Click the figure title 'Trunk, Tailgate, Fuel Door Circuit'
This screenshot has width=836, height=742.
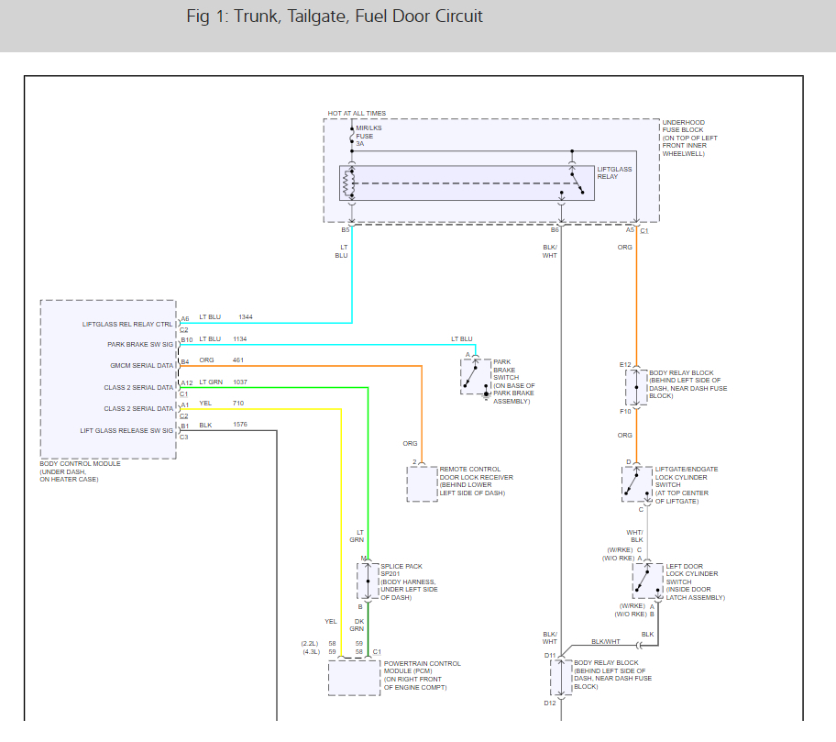[334, 17]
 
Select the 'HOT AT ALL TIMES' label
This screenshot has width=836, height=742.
[357, 114]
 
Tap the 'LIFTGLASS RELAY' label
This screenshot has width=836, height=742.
[614, 172]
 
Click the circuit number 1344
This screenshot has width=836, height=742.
[246, 317]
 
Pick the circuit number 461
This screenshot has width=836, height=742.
[238, 360]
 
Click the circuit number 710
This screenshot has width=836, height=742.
[238, 403]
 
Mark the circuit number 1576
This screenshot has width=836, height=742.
[241, 425]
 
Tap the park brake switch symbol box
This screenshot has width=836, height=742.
[475, 376]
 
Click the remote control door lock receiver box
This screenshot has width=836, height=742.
[423, 483]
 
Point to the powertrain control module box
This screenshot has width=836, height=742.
[354, 678]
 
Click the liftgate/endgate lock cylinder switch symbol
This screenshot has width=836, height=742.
[635, 483]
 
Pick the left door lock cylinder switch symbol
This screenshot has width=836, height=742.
[646, 581]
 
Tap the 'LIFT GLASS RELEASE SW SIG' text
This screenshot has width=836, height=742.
[126, 430]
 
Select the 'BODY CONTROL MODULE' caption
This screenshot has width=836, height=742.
[80, 464]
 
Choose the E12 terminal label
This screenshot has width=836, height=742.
[625, 365]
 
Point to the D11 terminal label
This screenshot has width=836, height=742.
[550, 655]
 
